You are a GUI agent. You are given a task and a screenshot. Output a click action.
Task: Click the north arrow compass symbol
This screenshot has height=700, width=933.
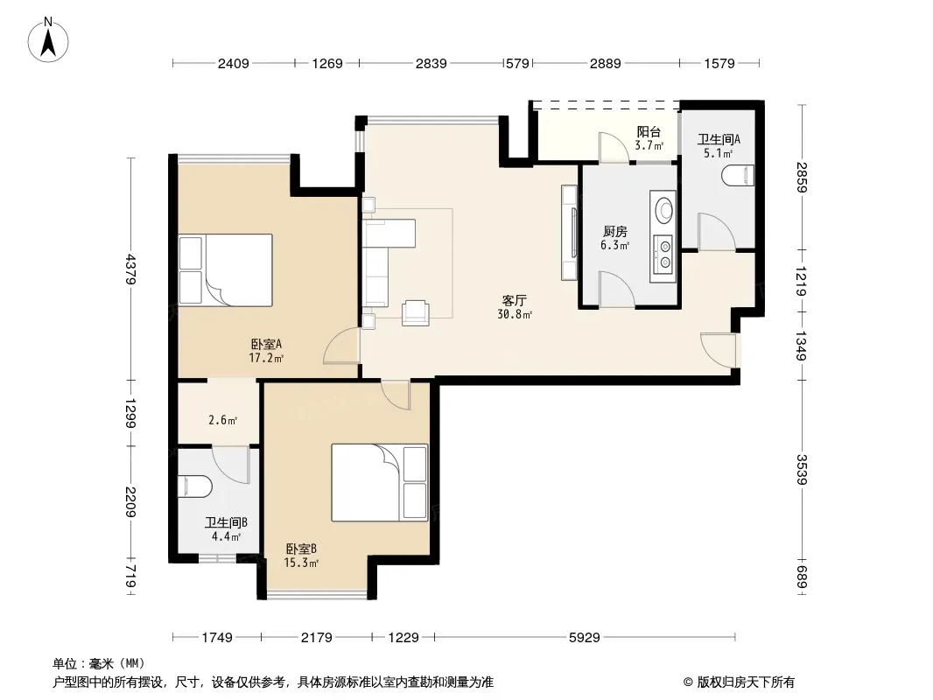point(48,40)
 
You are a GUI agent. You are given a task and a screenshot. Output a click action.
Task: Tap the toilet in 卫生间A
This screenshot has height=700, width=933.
point(738,176)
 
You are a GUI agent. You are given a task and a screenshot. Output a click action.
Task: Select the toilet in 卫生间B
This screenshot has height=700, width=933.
point(194,486)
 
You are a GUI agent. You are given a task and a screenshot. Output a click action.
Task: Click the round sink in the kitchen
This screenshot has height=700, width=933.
point(664,209)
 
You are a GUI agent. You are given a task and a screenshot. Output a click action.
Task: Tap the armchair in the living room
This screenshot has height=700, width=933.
point(416,313)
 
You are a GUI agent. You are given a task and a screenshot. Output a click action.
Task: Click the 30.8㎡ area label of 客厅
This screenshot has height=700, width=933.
point(515,315)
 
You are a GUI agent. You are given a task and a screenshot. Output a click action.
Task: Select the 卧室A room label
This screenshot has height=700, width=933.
point(266,344)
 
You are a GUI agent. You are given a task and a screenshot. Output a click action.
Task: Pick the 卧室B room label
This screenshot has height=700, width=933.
point(301,549)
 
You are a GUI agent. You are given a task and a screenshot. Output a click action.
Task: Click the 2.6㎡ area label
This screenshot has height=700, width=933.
point(223,421)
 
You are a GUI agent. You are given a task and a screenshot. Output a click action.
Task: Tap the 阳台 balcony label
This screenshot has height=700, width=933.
point(649,132)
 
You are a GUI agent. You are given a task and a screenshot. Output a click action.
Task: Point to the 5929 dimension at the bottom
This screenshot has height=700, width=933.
point(585,638)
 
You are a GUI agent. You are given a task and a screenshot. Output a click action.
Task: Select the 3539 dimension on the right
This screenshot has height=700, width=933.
point(801,469)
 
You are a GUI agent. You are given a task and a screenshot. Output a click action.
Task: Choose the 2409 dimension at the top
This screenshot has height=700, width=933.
point(233,63)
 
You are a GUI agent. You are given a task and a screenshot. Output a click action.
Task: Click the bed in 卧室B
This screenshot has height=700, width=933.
point(380,482)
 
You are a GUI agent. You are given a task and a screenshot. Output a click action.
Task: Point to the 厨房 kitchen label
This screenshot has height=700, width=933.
point(614,231)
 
